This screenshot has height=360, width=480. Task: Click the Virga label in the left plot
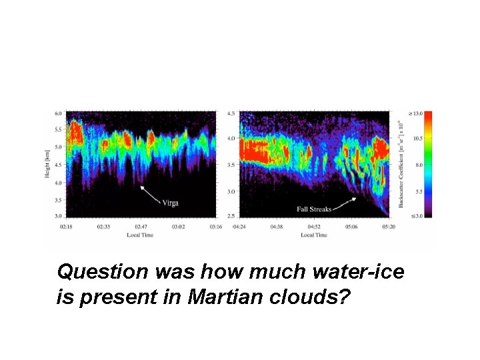pyautogui.click(x=171, y=203)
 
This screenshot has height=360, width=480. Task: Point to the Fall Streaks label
pyautogui.click(x=313, y=209)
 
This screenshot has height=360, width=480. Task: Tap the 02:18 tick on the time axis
pyautogui.click(x=65, y=227)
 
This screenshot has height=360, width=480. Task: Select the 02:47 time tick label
pyautogui.click(x=141, y=227)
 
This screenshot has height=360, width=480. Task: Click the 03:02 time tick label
pyautogui.click(x=178, y=227)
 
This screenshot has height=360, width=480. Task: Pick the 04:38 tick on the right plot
pyautogui.click(x=277, y=227)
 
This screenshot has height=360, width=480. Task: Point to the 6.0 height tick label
pyautogui.click(x=58, y=113)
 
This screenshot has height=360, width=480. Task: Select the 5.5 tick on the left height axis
pyautogui.click(x=58, y=129)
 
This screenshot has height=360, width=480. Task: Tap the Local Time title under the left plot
pyautogui.click(x=141, y=235)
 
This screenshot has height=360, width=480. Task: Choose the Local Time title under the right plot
pyautogui.click(x=313, y=235)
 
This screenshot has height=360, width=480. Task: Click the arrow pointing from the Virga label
pyautogui.click(x=151, y=195)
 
